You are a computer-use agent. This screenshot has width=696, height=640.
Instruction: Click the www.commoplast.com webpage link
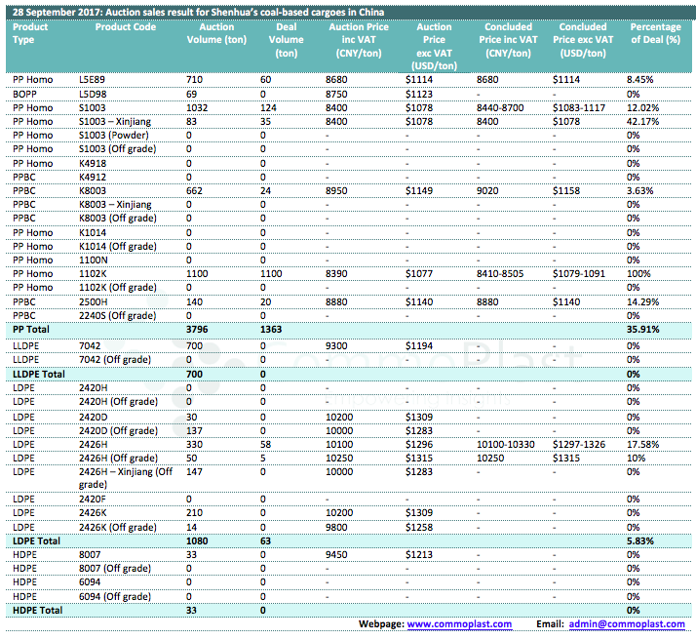click(459, 624)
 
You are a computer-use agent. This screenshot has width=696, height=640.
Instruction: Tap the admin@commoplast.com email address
click(627, 624)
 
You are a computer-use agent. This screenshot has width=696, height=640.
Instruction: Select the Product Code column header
click(126, 27)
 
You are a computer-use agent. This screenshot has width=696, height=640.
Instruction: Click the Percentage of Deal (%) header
click(656, 33)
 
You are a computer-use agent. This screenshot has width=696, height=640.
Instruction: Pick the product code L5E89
click(92, 80)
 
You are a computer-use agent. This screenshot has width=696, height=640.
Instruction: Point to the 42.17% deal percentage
click(642, 122)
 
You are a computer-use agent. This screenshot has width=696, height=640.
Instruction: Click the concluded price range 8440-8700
click(500, 108)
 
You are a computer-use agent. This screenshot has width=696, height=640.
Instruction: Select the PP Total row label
click(31, 330)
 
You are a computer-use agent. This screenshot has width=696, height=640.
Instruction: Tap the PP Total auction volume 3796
click(197, 330)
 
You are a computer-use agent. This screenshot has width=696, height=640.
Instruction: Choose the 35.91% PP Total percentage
click(642, 330)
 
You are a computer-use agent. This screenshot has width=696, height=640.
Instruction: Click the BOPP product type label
click(25, 95)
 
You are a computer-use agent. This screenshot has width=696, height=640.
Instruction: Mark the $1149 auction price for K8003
click(419, 191)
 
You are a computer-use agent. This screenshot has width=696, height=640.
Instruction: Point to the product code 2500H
click(94, 302)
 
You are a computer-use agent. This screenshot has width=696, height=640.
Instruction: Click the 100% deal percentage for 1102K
click(638, 273)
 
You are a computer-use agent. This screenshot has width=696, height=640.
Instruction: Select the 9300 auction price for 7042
click(336, 346)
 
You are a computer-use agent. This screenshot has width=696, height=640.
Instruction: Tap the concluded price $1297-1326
click(579, 445)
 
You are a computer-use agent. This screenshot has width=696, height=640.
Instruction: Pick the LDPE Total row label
click(36, 540)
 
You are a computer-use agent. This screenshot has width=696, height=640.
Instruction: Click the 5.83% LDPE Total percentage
click(640, 540)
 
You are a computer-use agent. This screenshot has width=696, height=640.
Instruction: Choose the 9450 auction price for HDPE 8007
click(336, 555)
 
